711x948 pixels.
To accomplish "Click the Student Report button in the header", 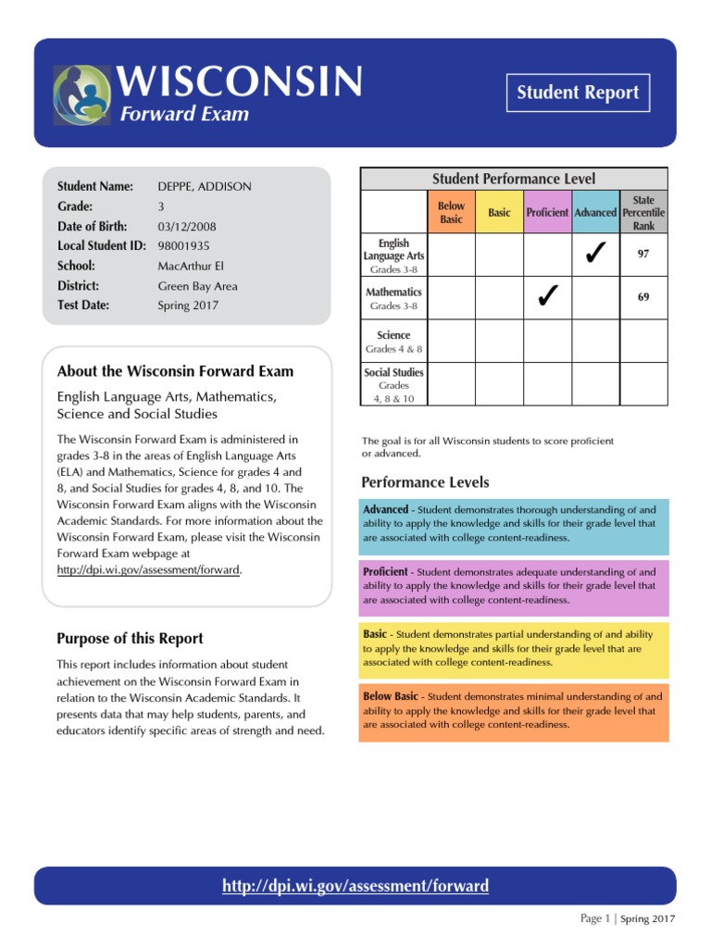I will (578, 93).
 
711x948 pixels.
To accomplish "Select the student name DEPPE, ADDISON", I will (205, 187).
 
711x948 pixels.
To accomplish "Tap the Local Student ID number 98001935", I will (184, 246).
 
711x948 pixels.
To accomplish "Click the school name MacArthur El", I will (191, 267).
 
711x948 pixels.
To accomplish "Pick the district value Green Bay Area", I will (197, 286).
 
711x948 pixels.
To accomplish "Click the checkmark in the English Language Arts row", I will (595, 253).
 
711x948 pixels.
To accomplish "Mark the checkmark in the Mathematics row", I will (547, 296).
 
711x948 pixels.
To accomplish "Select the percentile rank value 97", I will (642, 253).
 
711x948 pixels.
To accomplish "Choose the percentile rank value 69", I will (642, 297).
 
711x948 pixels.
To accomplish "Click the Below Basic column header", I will (452, 212).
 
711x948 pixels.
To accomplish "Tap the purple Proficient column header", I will (547, 213).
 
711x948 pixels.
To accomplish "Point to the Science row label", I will (393, 335).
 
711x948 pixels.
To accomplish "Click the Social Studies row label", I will (393, 372).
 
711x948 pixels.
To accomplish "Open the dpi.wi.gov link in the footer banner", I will (355, 886).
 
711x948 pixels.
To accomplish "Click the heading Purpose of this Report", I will (130, 639).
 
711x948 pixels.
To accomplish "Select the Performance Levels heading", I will (425, 482).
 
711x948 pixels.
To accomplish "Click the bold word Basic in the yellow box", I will (375, 634).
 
